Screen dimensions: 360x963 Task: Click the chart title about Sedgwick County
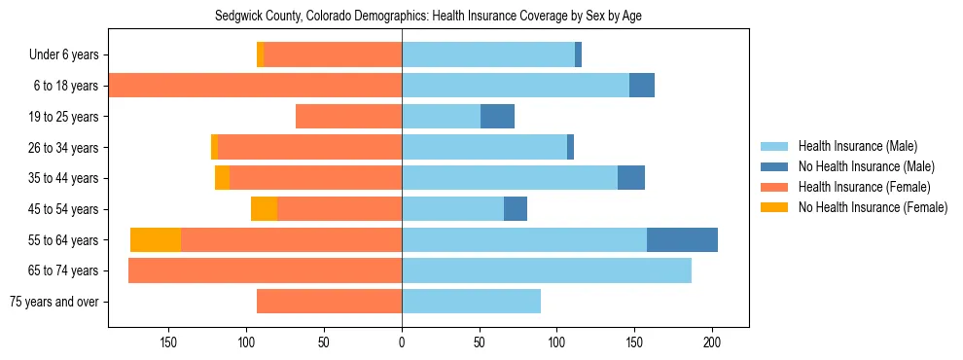pos(428,16)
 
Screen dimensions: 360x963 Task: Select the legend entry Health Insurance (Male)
pos(856,146)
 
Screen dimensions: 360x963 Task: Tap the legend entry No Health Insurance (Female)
pos(873,207)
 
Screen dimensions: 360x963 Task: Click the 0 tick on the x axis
pos(402,342)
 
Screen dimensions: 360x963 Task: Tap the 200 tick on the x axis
pos(712,342)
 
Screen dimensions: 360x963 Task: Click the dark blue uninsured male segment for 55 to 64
pos(682,239)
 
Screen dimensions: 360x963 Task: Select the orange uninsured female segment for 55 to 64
pos(156,239)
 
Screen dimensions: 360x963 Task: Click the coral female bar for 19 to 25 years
pos(348,117)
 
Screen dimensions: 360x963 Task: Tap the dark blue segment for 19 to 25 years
pos(497,117)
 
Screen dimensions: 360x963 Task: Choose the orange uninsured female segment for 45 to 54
pos(264,209)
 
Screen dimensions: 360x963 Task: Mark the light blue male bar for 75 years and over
pos(471,302)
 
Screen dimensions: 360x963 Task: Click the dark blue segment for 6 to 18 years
pos(642,86)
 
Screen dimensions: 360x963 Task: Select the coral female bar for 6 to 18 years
pos(255,86)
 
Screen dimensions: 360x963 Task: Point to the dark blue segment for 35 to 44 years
pos(631,178)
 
